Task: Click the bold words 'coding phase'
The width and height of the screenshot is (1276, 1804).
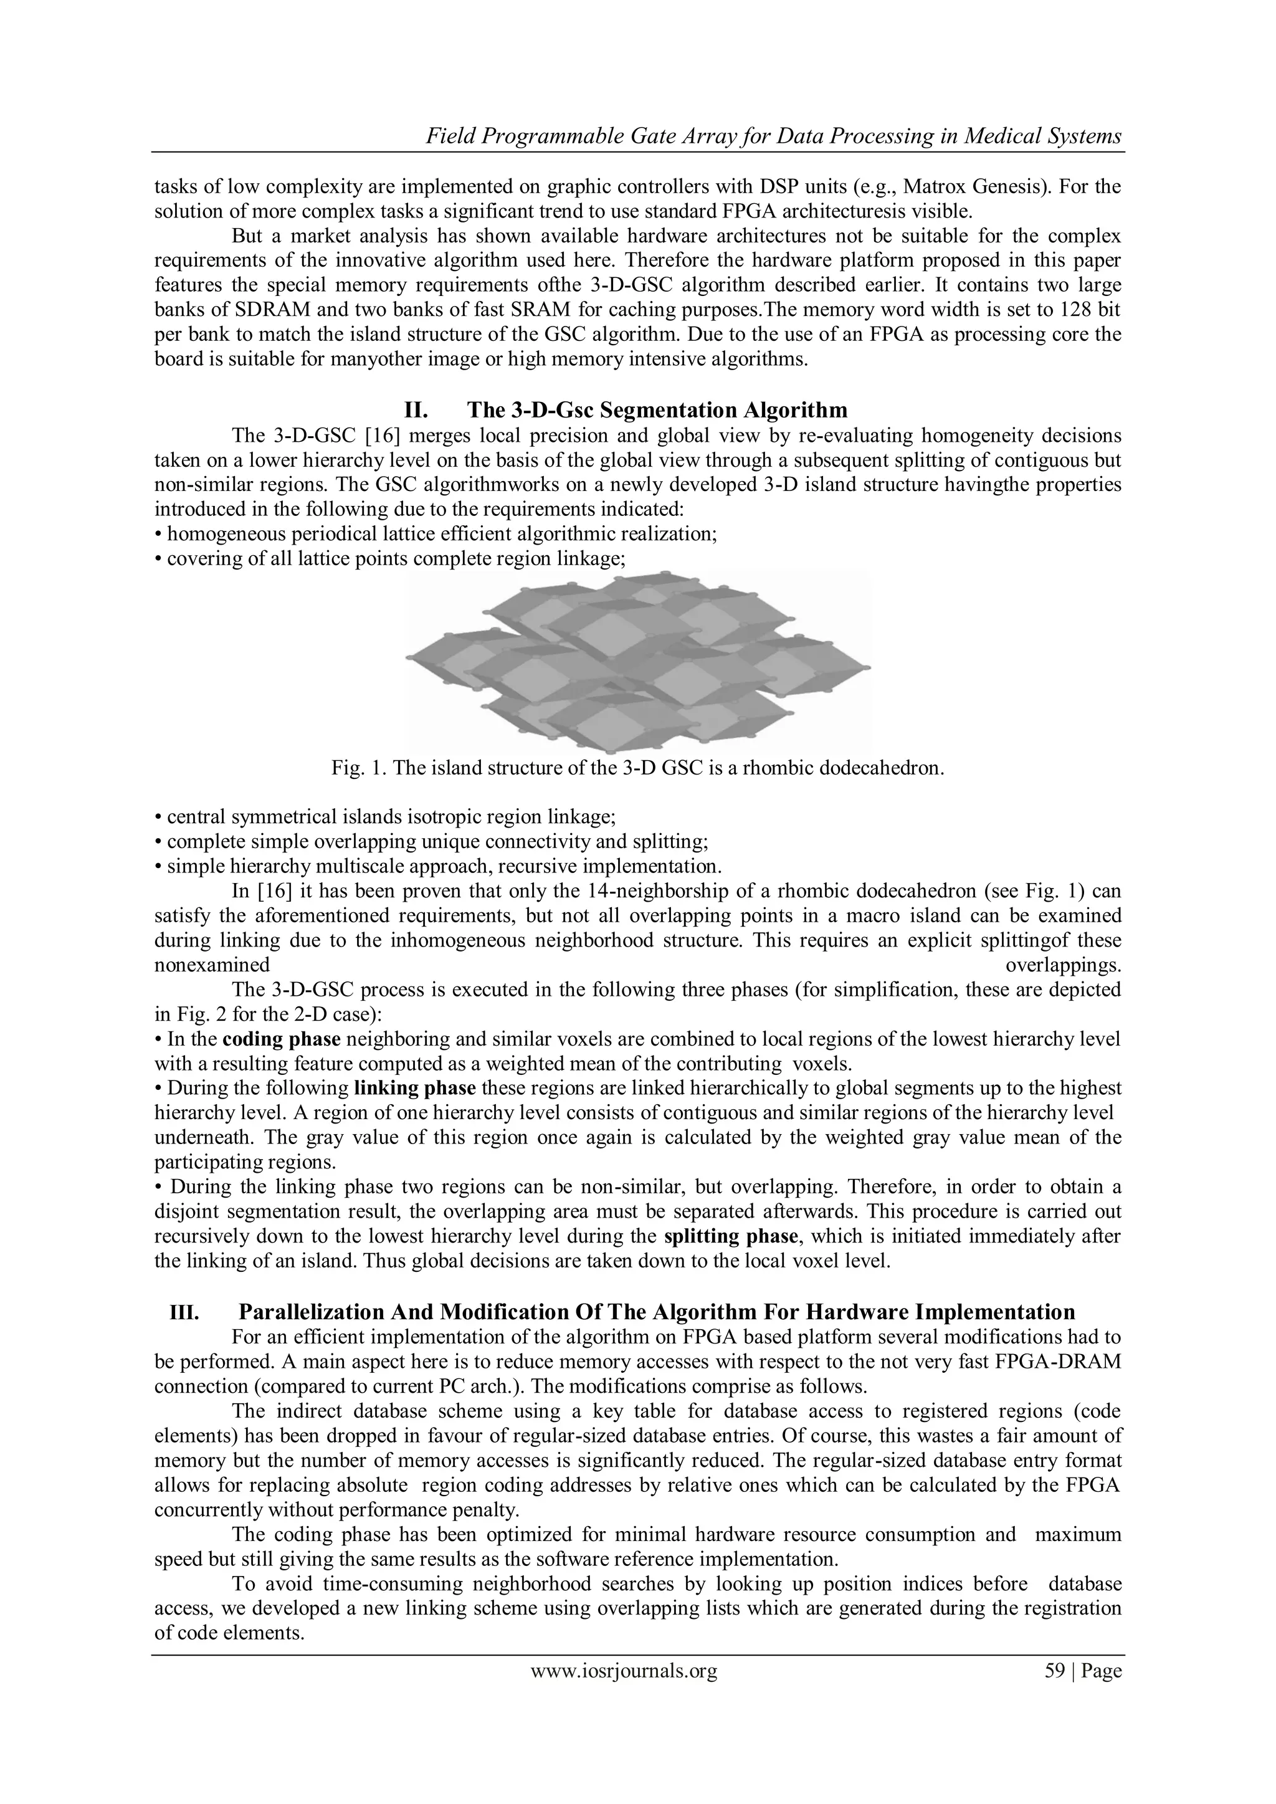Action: click(281, 1039)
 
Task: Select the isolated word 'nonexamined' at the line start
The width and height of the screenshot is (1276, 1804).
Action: click(212, 965)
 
